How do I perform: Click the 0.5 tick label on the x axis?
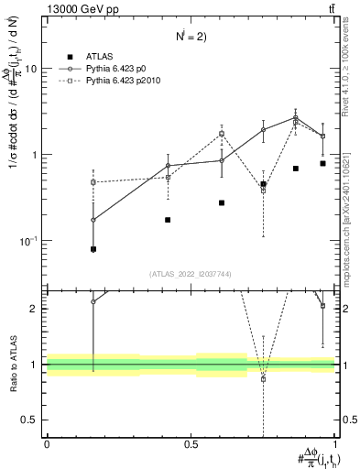pos(191,443)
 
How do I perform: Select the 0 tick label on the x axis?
pos(47,443)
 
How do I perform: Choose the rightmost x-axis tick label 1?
pos(335,443)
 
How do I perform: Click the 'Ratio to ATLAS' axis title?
pos(12,365)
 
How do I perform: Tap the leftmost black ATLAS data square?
pos(93,249)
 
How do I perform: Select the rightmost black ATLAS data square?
pos(322,163)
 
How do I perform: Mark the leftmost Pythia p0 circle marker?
pos(93,220)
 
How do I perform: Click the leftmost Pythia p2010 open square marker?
pos(93,182)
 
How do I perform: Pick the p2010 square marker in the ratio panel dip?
pos(264,378)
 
